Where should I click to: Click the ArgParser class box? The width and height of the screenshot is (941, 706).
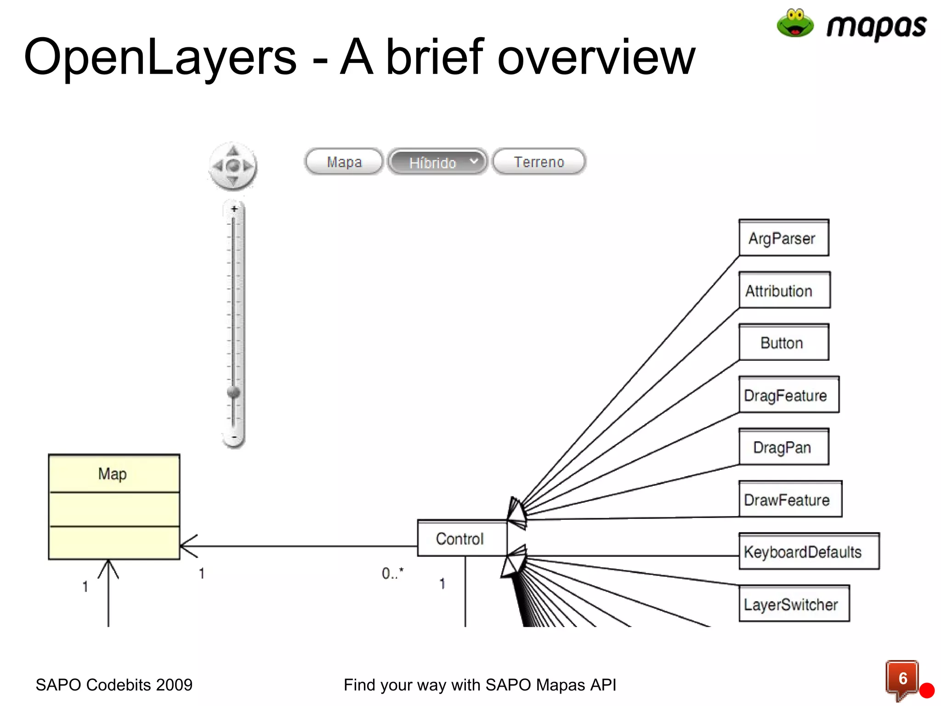(783, 238)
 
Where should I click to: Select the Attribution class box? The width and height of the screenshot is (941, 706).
(784, 290)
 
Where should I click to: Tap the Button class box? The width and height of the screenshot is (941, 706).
(783, 343)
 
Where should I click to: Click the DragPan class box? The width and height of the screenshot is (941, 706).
(783, 447)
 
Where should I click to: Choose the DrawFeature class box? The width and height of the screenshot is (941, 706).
(790, 500)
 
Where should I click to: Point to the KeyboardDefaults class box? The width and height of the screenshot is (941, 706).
(808, 552)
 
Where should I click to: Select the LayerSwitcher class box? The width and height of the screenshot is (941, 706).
(794, 604)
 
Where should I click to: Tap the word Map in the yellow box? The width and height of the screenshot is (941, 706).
(113, 474)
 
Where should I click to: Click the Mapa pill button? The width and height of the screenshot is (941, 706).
(344, 162)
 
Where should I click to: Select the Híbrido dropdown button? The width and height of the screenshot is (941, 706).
(437, 162)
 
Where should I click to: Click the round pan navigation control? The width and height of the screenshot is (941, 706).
(233, 165)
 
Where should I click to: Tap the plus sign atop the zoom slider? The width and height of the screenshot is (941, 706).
(234, 209)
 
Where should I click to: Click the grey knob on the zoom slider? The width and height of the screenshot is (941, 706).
(234, 392)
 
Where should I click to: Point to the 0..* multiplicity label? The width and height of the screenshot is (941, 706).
(392, 573)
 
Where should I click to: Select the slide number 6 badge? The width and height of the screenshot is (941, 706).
(902, 678)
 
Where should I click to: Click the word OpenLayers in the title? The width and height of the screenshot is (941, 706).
(160, 57)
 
